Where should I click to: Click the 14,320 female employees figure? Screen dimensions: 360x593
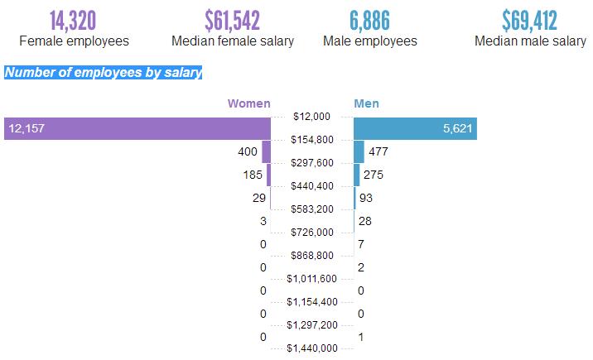point(74,20)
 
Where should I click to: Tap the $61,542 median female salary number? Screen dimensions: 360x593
point(232,20)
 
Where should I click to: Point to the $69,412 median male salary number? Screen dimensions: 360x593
point(530,20)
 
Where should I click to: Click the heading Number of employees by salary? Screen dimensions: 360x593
point(104,73)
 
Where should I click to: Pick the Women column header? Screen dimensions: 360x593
point(249,103)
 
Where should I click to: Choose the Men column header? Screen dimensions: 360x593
point(366,103)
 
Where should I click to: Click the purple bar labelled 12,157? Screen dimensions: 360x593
point(137,128)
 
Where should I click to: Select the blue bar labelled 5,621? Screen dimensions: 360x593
point(415,128)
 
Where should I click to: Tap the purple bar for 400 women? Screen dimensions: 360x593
point(267,151)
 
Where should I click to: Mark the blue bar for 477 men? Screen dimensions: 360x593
point(359,151)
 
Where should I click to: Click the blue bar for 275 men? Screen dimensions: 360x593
point(357,175)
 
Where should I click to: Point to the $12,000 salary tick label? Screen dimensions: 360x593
point(312,117)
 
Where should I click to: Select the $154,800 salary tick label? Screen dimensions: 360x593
point(312,140)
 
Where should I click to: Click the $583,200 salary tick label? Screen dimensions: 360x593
point(312,209)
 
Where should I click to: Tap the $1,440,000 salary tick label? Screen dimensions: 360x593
point(312,348)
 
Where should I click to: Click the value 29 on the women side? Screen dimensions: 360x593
point(259,198)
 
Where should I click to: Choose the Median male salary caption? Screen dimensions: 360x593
point(530,41)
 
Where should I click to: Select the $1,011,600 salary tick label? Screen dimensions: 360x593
point(312,279)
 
